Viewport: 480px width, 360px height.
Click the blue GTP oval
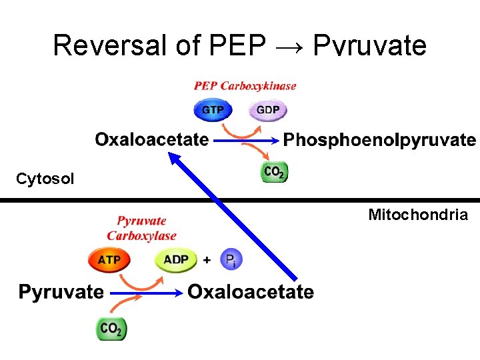click(x=212, y=109)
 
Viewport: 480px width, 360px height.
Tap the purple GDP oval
click(x=267, y=109)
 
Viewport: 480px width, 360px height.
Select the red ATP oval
click(x=109, y=259)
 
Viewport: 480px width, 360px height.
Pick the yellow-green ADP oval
click(x=176, y=259)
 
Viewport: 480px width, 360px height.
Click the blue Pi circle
click(x=231, y=259)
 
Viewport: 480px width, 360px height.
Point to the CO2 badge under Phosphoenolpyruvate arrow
click(x=273, y=172)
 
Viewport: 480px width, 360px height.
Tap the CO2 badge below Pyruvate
click(x=111, y=327)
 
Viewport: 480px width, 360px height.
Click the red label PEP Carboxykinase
click(x=245, y=86)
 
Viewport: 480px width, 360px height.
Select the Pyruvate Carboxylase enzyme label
click(x=141, y=228)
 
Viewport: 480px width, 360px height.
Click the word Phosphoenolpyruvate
click(x=379, y=140)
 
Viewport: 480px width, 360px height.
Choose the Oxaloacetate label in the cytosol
click(x=151, y=140)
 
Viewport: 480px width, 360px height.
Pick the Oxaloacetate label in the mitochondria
click(x=250, y=292)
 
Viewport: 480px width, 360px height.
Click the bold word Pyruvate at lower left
click(x=61, y=292)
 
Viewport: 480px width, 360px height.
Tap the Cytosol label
click(x=45, y=179)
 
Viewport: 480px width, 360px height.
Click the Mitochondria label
click(x=418, y=215)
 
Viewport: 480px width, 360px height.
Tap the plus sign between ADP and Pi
click(x=207, y=259)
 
